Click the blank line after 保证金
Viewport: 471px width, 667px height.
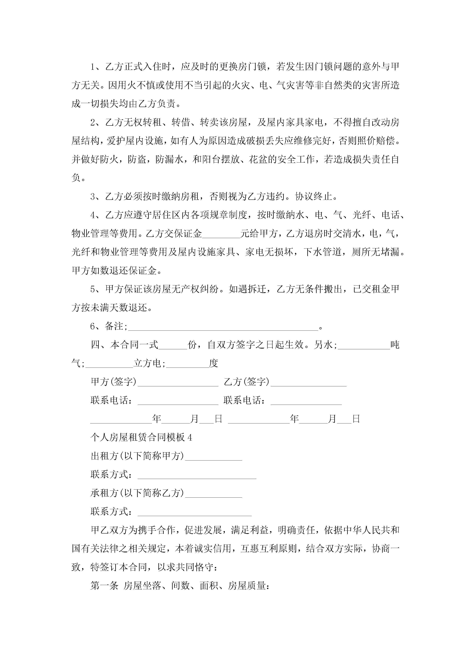tap(221, 234)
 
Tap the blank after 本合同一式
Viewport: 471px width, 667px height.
tap(173, 346)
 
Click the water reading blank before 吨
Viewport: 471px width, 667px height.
tap(364, 346)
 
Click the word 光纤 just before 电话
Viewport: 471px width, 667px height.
tap(362, 215)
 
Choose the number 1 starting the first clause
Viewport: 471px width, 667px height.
tap(92, 67)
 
